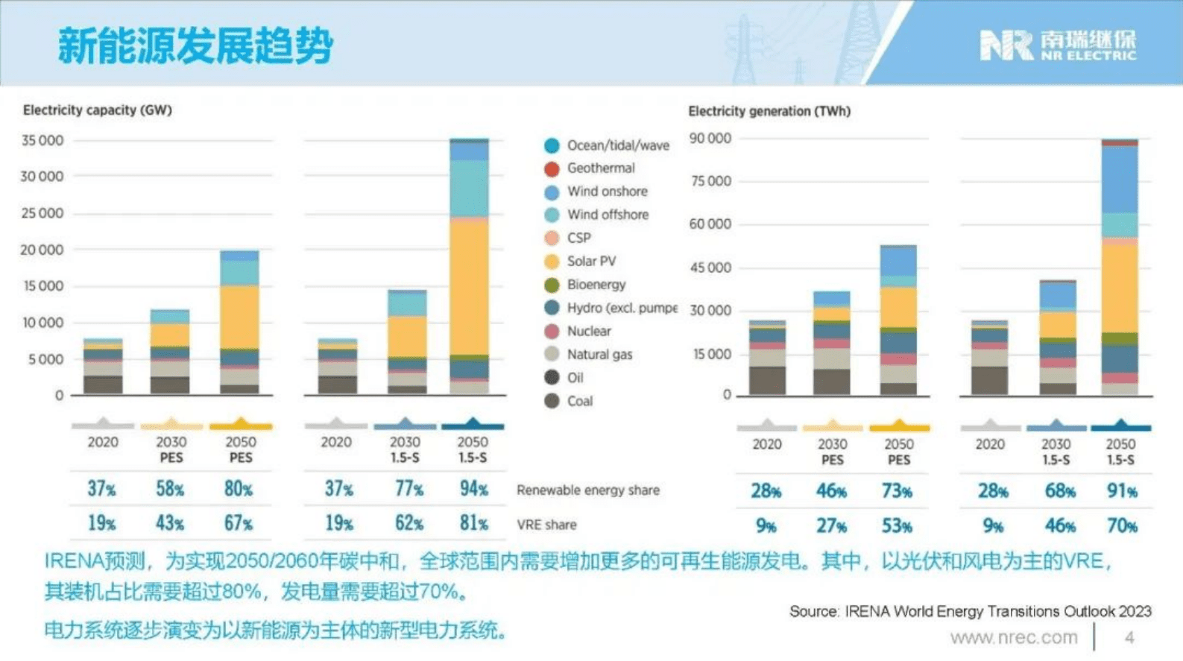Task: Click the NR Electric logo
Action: coord(1057,45)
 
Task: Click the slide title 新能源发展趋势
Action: coord(195,45)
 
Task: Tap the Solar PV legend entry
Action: coord(591,262)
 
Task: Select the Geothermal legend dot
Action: coord(552,169)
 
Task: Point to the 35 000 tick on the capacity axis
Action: coord(42,140)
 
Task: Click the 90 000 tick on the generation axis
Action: coord(710,139)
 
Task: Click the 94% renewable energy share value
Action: coord(473,489)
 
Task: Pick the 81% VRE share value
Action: coord(473,523)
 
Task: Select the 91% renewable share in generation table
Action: coord(1121,491)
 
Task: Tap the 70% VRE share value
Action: coord(1121,526)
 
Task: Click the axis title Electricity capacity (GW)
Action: coord(98,110)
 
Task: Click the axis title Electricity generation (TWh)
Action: coord(769,111)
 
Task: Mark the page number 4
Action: coord(1129,638)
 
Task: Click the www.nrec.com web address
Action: coord(1014,638)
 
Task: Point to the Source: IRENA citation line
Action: coord(970,612)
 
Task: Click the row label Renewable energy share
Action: coord(587,490)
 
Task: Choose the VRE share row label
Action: coord(546,525)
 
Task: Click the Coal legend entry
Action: coord(579,402)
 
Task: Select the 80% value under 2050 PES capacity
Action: coord(239,489)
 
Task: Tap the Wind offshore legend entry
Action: coord(607,215)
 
